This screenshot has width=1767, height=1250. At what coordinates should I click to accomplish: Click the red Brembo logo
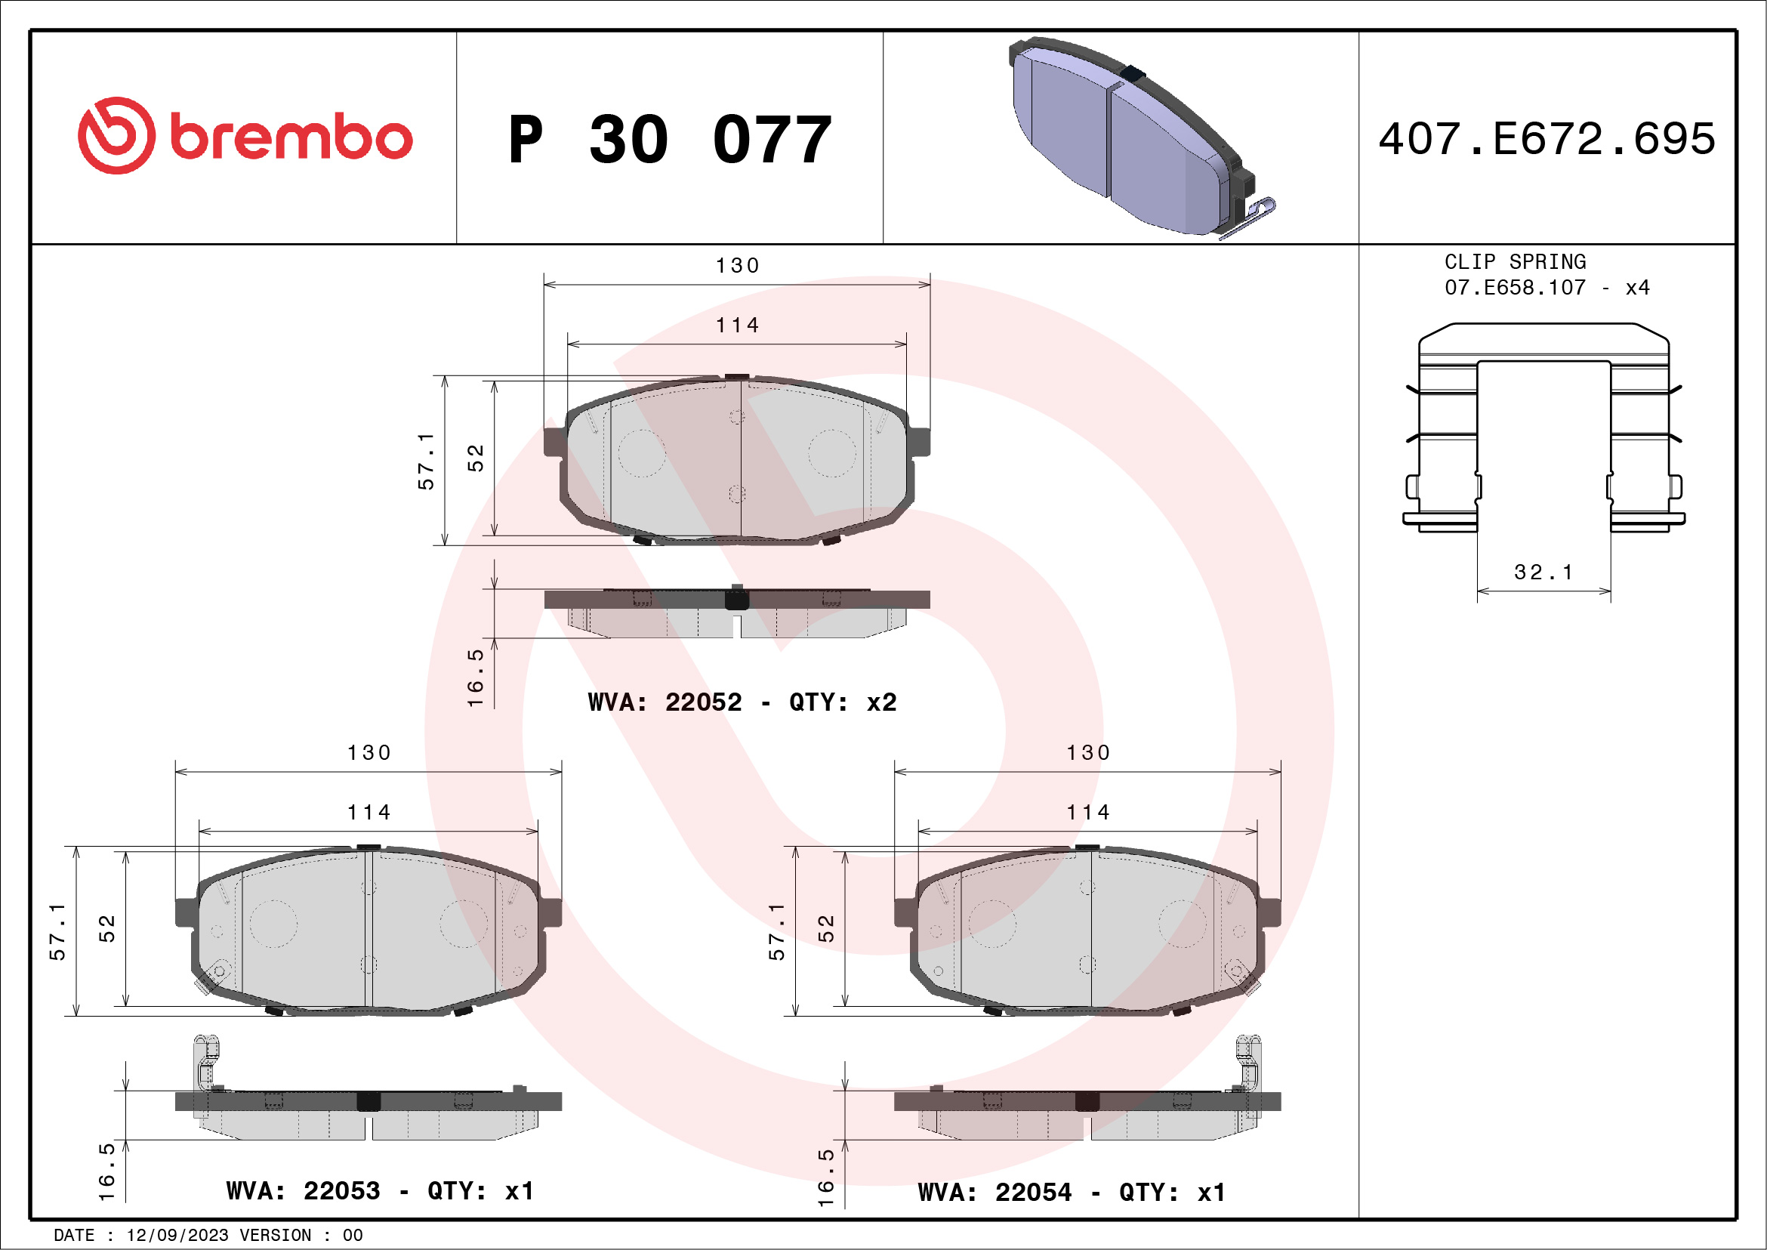click(x=245, y=136)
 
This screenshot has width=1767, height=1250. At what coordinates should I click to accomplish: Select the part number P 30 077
click(x=670, y=139)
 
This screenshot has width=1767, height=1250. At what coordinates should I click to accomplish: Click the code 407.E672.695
click(x=1547, y=138)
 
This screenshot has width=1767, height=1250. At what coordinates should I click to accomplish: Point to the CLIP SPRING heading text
click(x=1515, y=261)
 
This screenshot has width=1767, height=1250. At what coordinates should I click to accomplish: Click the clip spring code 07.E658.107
click(x=1515, y=288)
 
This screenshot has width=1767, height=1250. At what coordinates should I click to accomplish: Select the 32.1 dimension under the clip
click(x=1543, y=572)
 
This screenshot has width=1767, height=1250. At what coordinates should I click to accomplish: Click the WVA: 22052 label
click(x=665, y=702)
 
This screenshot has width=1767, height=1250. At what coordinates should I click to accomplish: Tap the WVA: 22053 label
click(x=304, y=1191)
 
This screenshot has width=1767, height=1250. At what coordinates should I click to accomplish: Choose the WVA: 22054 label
click(x=995, y=1193)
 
